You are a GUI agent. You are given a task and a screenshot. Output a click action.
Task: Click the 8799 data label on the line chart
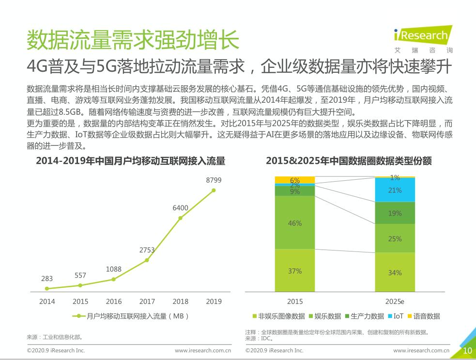[214, 180]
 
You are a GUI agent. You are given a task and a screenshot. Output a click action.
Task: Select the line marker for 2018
[180, 218]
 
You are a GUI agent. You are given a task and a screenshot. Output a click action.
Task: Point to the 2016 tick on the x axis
[114, 301]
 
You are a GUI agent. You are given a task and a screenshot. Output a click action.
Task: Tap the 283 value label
[47, 279]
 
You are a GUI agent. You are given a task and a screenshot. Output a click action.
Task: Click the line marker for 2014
[47, 288]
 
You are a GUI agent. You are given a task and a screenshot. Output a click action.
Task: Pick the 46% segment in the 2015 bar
[295, 223]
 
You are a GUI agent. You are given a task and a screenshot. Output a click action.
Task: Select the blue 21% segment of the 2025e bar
[395, 190]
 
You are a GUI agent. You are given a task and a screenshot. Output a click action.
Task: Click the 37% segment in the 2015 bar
[295, 271]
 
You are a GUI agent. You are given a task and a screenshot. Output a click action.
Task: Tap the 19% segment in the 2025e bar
[395, 213]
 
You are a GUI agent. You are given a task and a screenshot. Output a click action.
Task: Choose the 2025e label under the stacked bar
[395, 301]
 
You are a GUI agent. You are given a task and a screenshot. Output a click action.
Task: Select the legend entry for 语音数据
[424, 316]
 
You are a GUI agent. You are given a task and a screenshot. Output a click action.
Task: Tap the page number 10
[467, 351]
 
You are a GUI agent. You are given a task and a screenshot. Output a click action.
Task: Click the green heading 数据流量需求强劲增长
[133, 40]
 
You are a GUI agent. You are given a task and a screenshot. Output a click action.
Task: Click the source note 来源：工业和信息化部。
[55, 337]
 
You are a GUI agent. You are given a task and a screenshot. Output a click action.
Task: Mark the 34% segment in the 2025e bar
[395, 273]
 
